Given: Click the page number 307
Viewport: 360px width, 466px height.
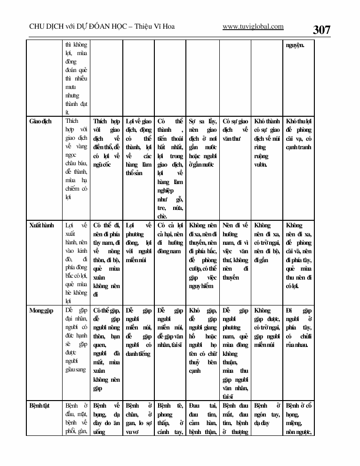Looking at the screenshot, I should (321, 30).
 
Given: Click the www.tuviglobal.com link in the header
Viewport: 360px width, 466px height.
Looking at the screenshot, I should (253, 27).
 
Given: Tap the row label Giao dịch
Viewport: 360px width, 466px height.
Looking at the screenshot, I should (40, 121).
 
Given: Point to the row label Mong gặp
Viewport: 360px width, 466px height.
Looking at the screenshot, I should (41, 311).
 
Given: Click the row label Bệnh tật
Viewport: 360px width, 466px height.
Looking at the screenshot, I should (40, 405).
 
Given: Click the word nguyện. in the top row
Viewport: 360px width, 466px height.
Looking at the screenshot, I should (295, 46).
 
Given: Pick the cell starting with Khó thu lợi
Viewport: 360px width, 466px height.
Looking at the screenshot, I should (298, 134).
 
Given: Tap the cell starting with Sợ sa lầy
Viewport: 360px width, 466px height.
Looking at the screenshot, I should (202, 143).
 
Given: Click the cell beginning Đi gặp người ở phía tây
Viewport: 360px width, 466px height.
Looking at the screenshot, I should (298, 328).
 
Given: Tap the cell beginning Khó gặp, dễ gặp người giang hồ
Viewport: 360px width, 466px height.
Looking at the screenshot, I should (202, 340).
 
